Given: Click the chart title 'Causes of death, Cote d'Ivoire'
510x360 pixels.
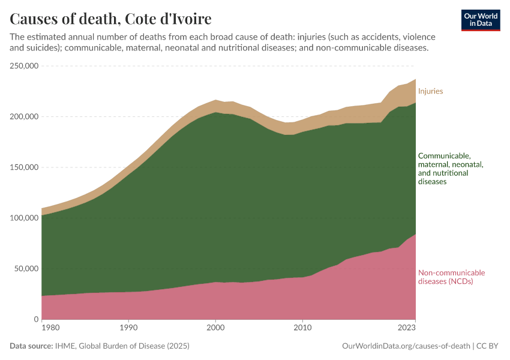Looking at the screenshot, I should (110, 19).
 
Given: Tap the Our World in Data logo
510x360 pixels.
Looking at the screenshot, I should (480, 20).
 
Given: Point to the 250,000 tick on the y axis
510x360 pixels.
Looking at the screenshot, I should (25, 66).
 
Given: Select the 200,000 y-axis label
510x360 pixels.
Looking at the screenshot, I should (25, 116).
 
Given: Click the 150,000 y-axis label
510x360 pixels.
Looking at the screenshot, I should (25, 167).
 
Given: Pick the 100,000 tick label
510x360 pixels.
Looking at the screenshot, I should (25, 218).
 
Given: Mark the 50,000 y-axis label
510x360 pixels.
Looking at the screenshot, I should (27, 269).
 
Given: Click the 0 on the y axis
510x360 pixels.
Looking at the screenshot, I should (37, 319).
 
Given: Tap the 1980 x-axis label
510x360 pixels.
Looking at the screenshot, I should (50, 328).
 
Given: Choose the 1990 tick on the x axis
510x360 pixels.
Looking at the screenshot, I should (128, 328).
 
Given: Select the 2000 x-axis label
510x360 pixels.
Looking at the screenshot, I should (215, 328).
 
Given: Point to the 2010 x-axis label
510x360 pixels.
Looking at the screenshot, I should (302, 328).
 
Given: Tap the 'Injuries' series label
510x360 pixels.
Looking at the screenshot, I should (430, 91).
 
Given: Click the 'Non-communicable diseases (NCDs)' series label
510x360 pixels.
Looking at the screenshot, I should (451, 277).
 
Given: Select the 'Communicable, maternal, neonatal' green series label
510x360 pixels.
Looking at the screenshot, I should (450, 168).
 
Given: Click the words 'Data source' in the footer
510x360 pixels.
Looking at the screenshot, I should (31, 346).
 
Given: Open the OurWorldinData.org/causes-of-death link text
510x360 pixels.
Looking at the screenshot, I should (406, 346).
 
